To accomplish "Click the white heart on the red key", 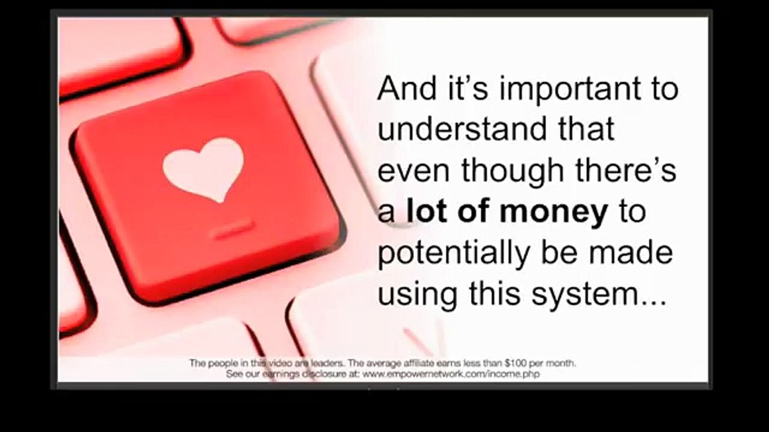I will pos(203,169).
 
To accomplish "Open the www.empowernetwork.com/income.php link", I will pos(451,374).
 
